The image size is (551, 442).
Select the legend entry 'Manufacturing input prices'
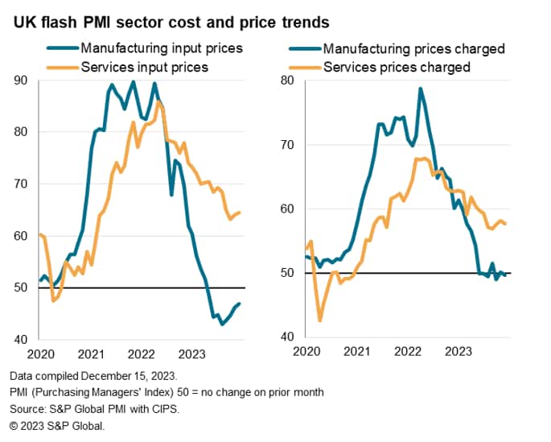tap(162, 49)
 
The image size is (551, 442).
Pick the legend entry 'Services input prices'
tap(144, 67)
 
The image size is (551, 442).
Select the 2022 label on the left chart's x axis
tap(142, 352)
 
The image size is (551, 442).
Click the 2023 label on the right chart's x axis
tap(459, 352)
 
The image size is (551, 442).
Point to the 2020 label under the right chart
tap(306, 352)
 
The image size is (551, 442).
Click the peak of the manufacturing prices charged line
tap(420, 88)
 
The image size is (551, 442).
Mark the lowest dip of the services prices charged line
tap(320, 321)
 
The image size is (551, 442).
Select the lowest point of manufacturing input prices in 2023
tap(222, 324)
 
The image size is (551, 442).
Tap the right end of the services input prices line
tap(241, 213)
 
